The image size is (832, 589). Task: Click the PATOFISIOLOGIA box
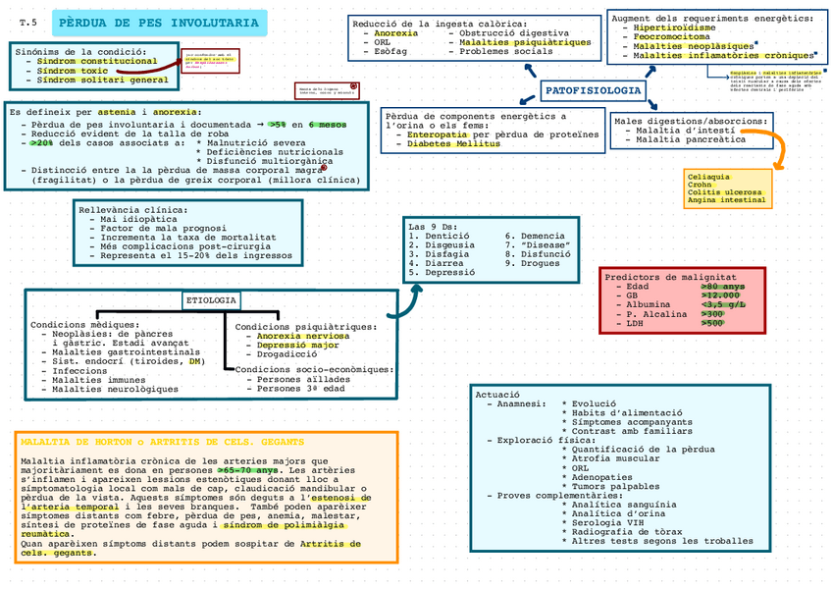click(593, 91)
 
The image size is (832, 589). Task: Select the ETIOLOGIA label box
click(210, 299)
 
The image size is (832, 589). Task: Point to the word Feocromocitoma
click(671, 36)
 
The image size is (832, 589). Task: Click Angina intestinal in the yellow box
click(727, 200)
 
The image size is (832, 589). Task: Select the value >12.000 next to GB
click(720, 294)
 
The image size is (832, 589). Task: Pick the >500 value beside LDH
click(713, 323)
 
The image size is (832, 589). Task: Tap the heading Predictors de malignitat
click(670, 277)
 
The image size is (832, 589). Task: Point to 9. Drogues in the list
click(533, 263)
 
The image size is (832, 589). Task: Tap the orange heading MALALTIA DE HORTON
click(162, 443)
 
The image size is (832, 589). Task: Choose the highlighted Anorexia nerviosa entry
click(291, 336)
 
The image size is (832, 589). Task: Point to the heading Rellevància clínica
click(133, 209)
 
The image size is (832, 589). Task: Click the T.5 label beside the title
click(27, 22)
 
